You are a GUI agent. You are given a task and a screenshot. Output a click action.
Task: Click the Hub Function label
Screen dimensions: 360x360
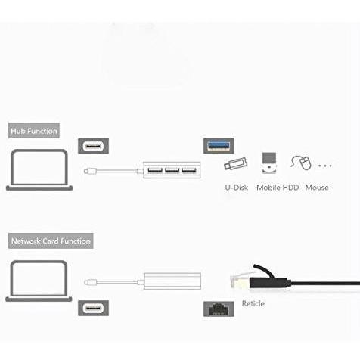(x=34, y=131)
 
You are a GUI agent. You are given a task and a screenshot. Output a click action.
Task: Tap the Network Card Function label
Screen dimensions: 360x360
(x=51, y=241)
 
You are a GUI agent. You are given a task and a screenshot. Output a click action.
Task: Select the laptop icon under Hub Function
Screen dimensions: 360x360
(x=39, y=169)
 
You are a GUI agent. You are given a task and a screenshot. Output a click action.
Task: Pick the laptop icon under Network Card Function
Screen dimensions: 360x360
(x=39, y=281)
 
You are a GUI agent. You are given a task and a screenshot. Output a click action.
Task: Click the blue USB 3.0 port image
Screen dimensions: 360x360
(x=219, y=146)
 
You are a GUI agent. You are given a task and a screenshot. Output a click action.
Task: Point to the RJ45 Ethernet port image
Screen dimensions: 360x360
(x=219, y=309)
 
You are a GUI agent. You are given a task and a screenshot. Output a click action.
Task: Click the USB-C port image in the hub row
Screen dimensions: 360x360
(x=93, y=146)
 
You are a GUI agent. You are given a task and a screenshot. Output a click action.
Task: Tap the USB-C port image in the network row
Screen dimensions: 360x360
(x=93, y=308)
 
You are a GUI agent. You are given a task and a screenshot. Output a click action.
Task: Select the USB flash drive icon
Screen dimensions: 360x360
(x=236, y=164)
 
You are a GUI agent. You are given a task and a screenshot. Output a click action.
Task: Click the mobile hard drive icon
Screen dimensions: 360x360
(x=269, y=163)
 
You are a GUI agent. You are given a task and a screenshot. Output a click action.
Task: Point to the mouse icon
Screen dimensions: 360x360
(x=301, y=163)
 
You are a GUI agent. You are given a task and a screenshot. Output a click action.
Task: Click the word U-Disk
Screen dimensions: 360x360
(x=237, y=188)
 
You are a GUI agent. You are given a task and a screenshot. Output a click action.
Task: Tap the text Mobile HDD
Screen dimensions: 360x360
(x=278, y=188)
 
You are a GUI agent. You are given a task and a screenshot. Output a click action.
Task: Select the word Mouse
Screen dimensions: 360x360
(x=317, y=188)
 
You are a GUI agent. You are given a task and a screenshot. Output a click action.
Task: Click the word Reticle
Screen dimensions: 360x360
(x=253, y=303)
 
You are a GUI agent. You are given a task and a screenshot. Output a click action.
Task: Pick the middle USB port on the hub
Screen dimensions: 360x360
(x=172, y=171)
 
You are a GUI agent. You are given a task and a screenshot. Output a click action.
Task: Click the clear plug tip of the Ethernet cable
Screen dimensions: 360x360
(x=240, y=281)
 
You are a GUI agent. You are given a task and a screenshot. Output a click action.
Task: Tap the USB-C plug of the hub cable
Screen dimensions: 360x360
(x=90, y=172)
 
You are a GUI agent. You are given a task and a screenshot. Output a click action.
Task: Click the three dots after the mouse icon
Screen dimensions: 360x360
(x=325, y=166)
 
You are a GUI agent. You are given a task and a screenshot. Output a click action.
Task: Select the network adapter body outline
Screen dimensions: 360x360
(x=172, y=281)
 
